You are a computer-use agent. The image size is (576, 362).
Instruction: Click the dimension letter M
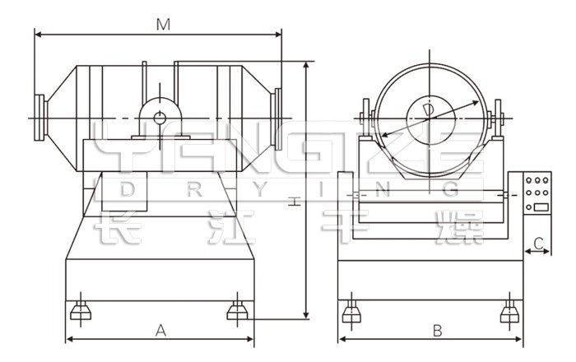click(x=164, y=25)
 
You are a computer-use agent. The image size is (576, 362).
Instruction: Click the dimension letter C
click(x=538, y=244)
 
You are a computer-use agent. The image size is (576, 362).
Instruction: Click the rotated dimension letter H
click(x=295, y=202)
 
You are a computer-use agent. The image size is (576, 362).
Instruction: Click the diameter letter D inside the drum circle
click(x=428, y=110)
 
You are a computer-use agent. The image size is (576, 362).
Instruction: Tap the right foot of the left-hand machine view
click(x=237, y=309)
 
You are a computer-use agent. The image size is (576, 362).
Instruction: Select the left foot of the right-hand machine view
click(x=351, y=310)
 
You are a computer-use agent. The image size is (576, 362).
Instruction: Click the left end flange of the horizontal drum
click(x=39, y=119)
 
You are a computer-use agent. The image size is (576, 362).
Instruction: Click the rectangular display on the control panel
click(x=541, y=206)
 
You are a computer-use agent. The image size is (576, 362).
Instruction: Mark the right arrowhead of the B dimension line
click(x=521, y=339)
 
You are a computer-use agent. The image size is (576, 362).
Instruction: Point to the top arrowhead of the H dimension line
click(x=306, y=64)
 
